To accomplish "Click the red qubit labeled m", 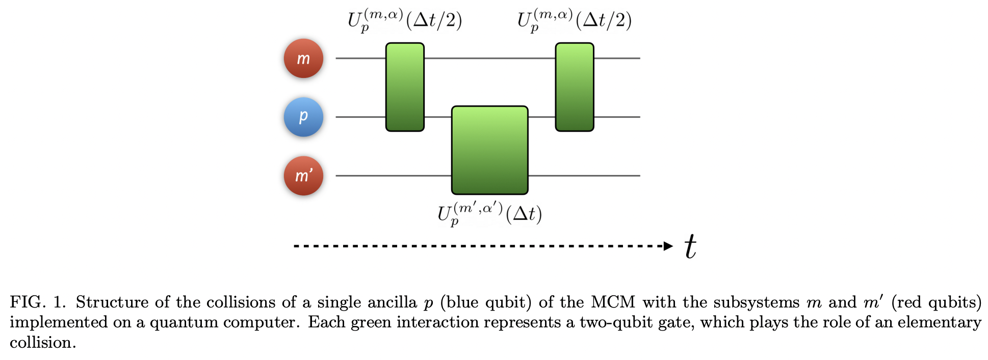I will coord(303,59).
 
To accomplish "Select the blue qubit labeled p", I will coord(303,117).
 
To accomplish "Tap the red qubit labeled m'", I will coord(303,176).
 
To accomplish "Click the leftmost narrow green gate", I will coord(405,87).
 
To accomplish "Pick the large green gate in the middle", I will coord(489,150).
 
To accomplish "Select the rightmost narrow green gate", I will coord(575,87).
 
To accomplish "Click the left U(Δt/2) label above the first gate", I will coord(405,20).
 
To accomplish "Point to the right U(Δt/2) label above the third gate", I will coord(575,20).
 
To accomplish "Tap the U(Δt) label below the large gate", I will coord(489,214).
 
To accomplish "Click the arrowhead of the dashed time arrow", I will coord(668,246).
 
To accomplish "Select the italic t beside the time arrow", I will coord(690,247).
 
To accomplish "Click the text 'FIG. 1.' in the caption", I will coord(38,302).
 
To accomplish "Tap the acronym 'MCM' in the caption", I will coord(613,302).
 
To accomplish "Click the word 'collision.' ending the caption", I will coord(43,343).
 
